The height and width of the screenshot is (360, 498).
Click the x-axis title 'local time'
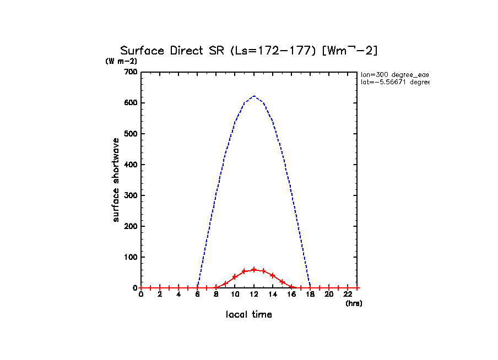pos(249,315)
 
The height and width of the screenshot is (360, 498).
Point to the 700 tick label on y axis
pos(131,72)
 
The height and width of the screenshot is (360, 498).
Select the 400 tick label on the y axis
pos(131,165)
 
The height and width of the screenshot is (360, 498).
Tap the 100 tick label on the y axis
pos(131,257)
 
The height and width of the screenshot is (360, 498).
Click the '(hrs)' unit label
pos(354,303)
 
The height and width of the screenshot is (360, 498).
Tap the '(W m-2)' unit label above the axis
pos(121,61)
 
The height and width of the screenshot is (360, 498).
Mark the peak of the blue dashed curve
pos(254,96)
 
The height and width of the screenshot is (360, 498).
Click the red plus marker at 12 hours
pos(254,270)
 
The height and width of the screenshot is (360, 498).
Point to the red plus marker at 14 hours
pos(273,275)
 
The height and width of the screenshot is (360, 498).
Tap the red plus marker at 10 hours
pos(235,277)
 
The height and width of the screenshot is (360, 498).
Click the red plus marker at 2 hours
pos(160,288)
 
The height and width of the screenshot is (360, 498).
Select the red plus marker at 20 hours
pos(329,288)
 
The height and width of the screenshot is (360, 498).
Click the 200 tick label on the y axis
pos(131,226)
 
